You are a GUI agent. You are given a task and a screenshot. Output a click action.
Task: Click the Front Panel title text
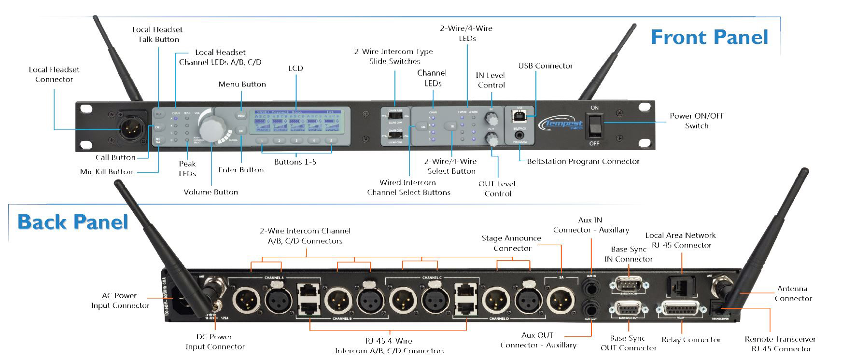(709, 37)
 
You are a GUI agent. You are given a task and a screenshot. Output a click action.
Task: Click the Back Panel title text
(73, 222)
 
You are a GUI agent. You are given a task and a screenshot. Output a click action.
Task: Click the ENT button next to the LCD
(241, 131)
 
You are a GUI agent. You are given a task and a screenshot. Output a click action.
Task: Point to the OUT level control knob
(492, 140)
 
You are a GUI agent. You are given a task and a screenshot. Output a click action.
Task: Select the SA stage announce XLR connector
(561, 300)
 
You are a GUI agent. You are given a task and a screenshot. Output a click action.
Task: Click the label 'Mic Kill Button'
(106, 172)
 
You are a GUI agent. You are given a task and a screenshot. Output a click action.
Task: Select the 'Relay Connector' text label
(691, 340)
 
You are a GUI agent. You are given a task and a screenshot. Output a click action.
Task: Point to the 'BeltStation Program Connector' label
(583, 161)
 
